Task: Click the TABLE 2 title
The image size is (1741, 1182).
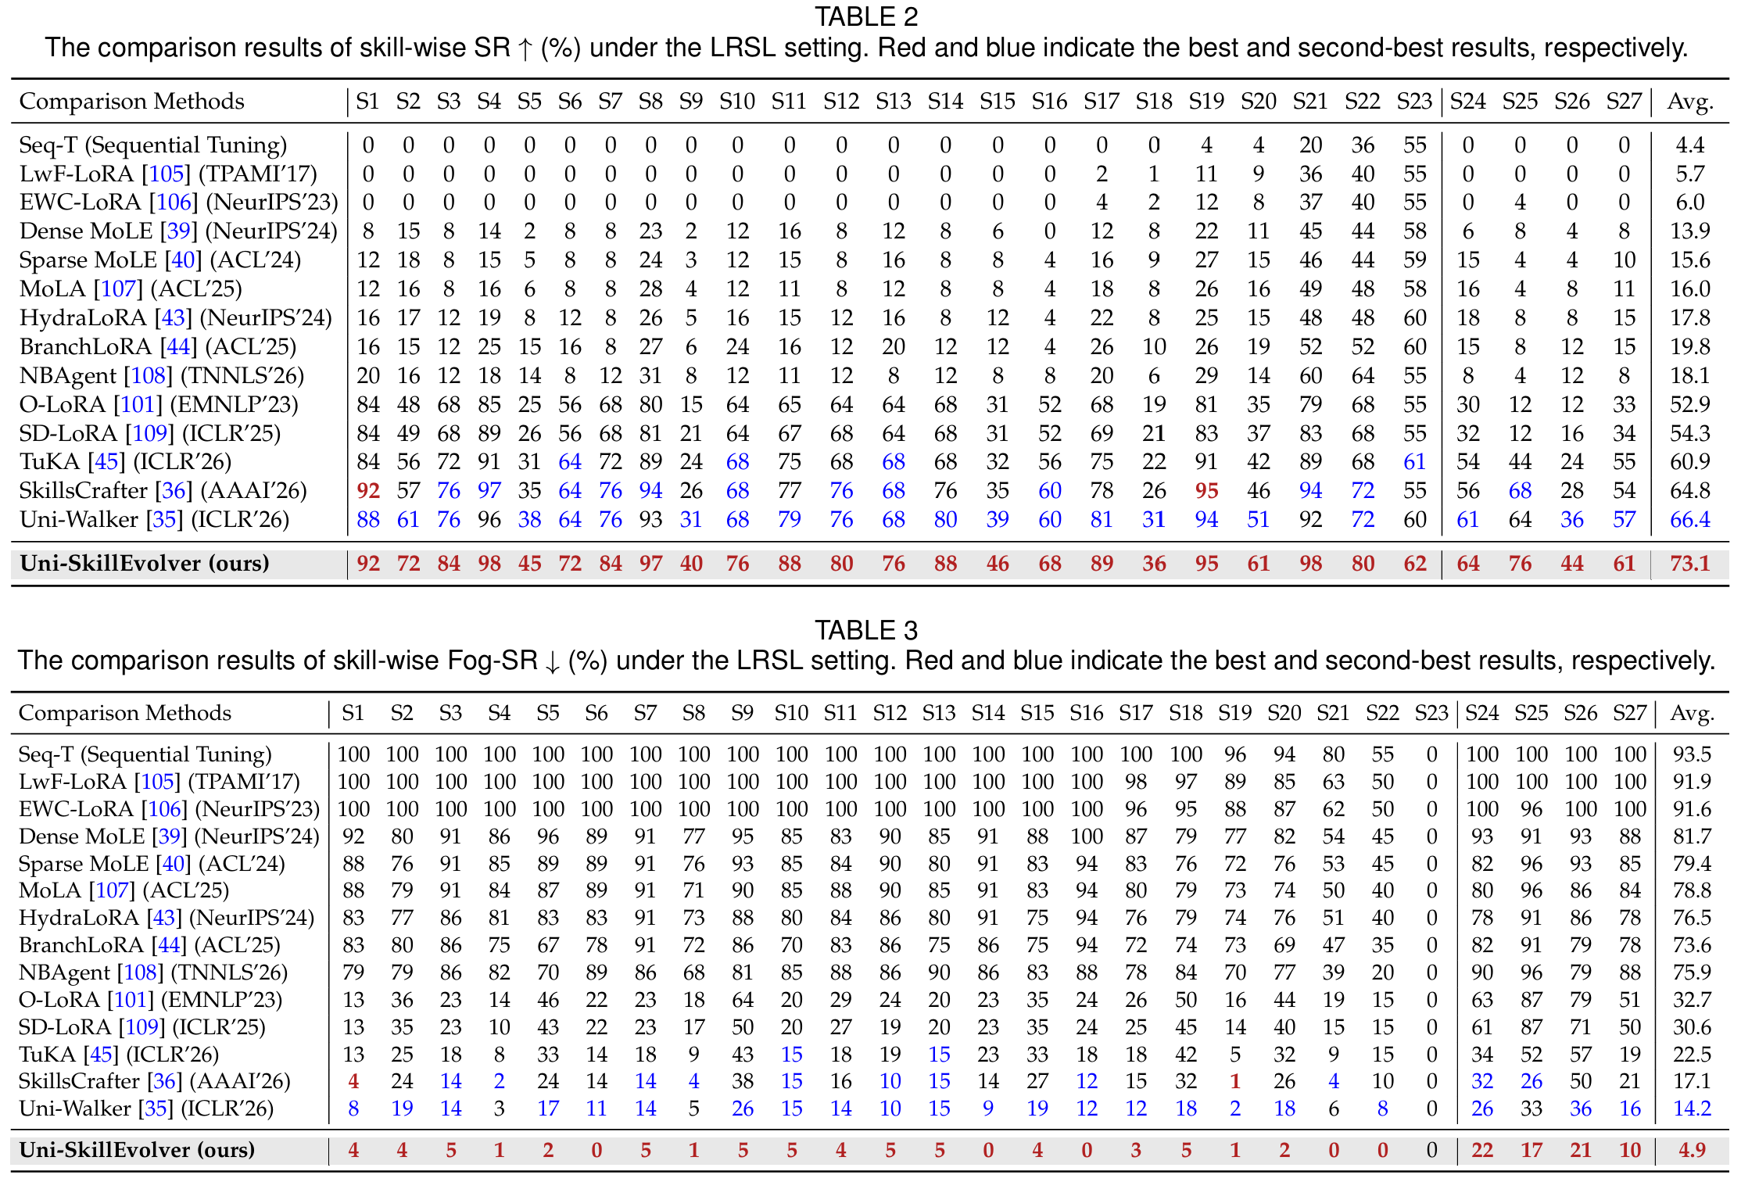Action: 866,16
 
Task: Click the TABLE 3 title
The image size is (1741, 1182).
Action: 866,630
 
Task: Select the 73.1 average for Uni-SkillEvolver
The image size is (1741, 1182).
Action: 1689,564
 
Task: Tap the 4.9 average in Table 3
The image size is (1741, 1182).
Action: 1692,1150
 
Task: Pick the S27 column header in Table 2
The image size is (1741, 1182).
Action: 1624,102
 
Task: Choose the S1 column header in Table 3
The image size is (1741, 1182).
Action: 353,713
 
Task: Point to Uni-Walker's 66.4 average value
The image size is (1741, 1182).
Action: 1689,520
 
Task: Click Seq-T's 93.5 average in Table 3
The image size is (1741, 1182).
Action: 1692,754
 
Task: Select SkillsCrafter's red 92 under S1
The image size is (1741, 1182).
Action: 368,491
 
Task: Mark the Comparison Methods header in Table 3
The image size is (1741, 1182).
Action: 125,713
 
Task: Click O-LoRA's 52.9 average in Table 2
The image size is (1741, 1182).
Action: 1689,405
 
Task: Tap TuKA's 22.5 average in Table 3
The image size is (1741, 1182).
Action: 1692,1055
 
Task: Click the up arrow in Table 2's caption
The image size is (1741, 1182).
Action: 525,48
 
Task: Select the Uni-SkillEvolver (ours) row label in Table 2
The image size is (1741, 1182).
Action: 145,564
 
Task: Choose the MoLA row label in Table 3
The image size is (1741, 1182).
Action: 50,891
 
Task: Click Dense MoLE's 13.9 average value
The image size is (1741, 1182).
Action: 1689,231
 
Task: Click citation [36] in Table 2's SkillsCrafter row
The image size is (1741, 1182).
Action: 174,491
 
